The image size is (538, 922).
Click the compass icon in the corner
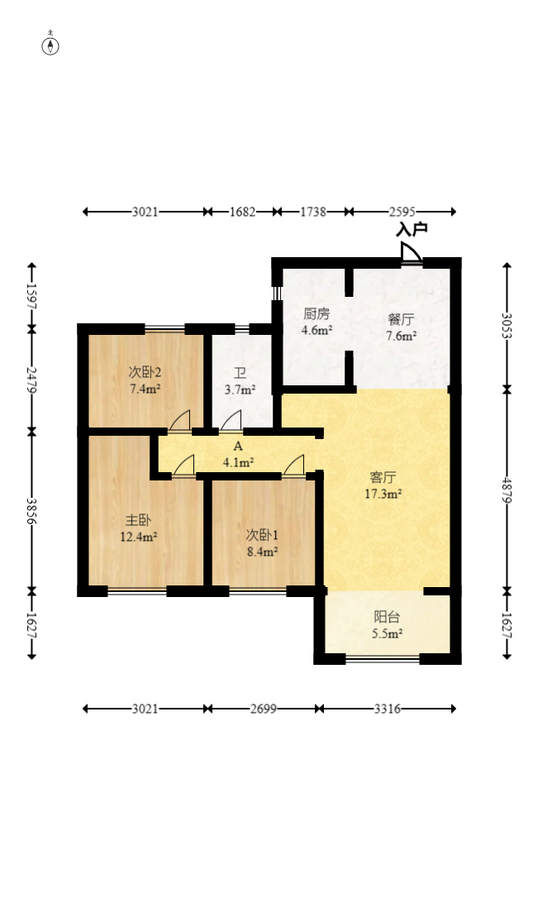(50, 45)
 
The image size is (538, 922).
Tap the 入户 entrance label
(411, 230)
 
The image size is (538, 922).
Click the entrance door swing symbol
(411, 253)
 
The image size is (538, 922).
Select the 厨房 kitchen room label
(317, 313)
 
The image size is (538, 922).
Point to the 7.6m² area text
(402, 336)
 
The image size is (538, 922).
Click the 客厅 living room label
(383, 476)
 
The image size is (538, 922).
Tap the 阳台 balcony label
(388, 617)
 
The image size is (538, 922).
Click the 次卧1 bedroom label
(262, 535)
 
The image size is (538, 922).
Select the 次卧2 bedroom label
(145, 372)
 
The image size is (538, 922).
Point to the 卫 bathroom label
(240, 374)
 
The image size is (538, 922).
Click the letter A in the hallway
(238, 447)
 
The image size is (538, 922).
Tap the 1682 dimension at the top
(242, 212)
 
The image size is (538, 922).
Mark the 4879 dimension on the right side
(507, 489)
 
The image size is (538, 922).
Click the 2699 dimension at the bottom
(263, 709)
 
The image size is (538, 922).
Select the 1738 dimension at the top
(313, 212)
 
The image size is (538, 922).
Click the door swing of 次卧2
(179, 420)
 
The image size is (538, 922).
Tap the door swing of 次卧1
(293, 465)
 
